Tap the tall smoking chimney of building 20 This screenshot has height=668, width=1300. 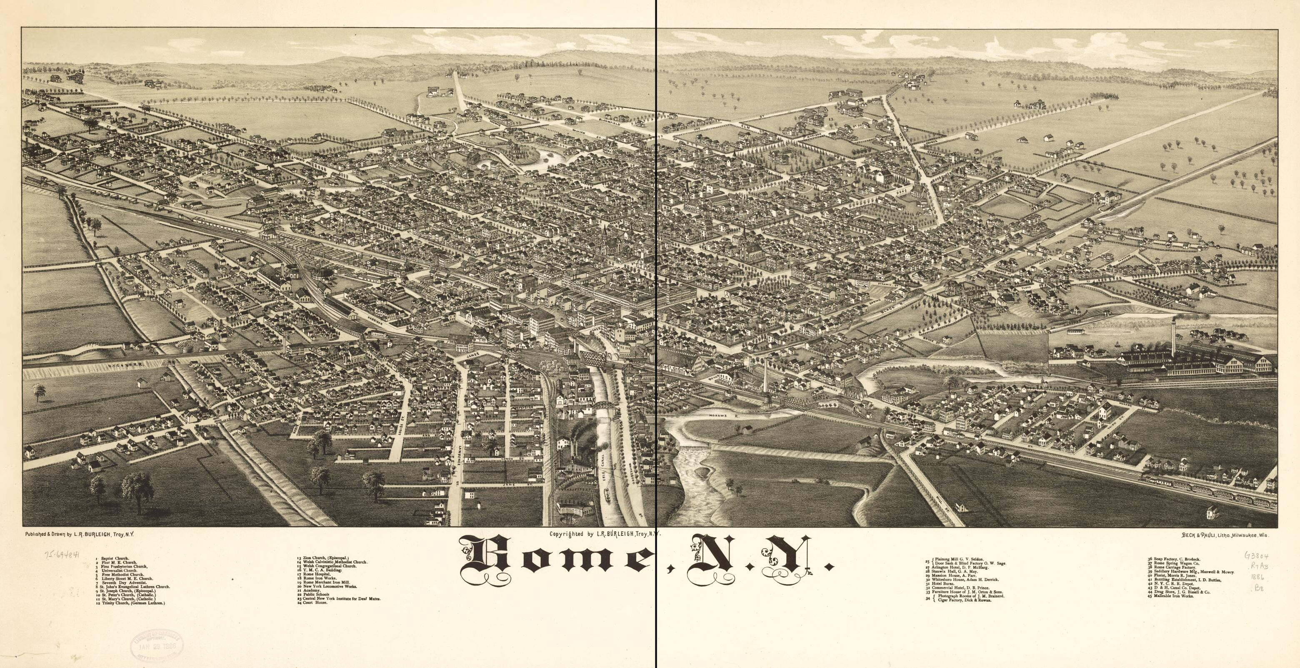pos(1174,336)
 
